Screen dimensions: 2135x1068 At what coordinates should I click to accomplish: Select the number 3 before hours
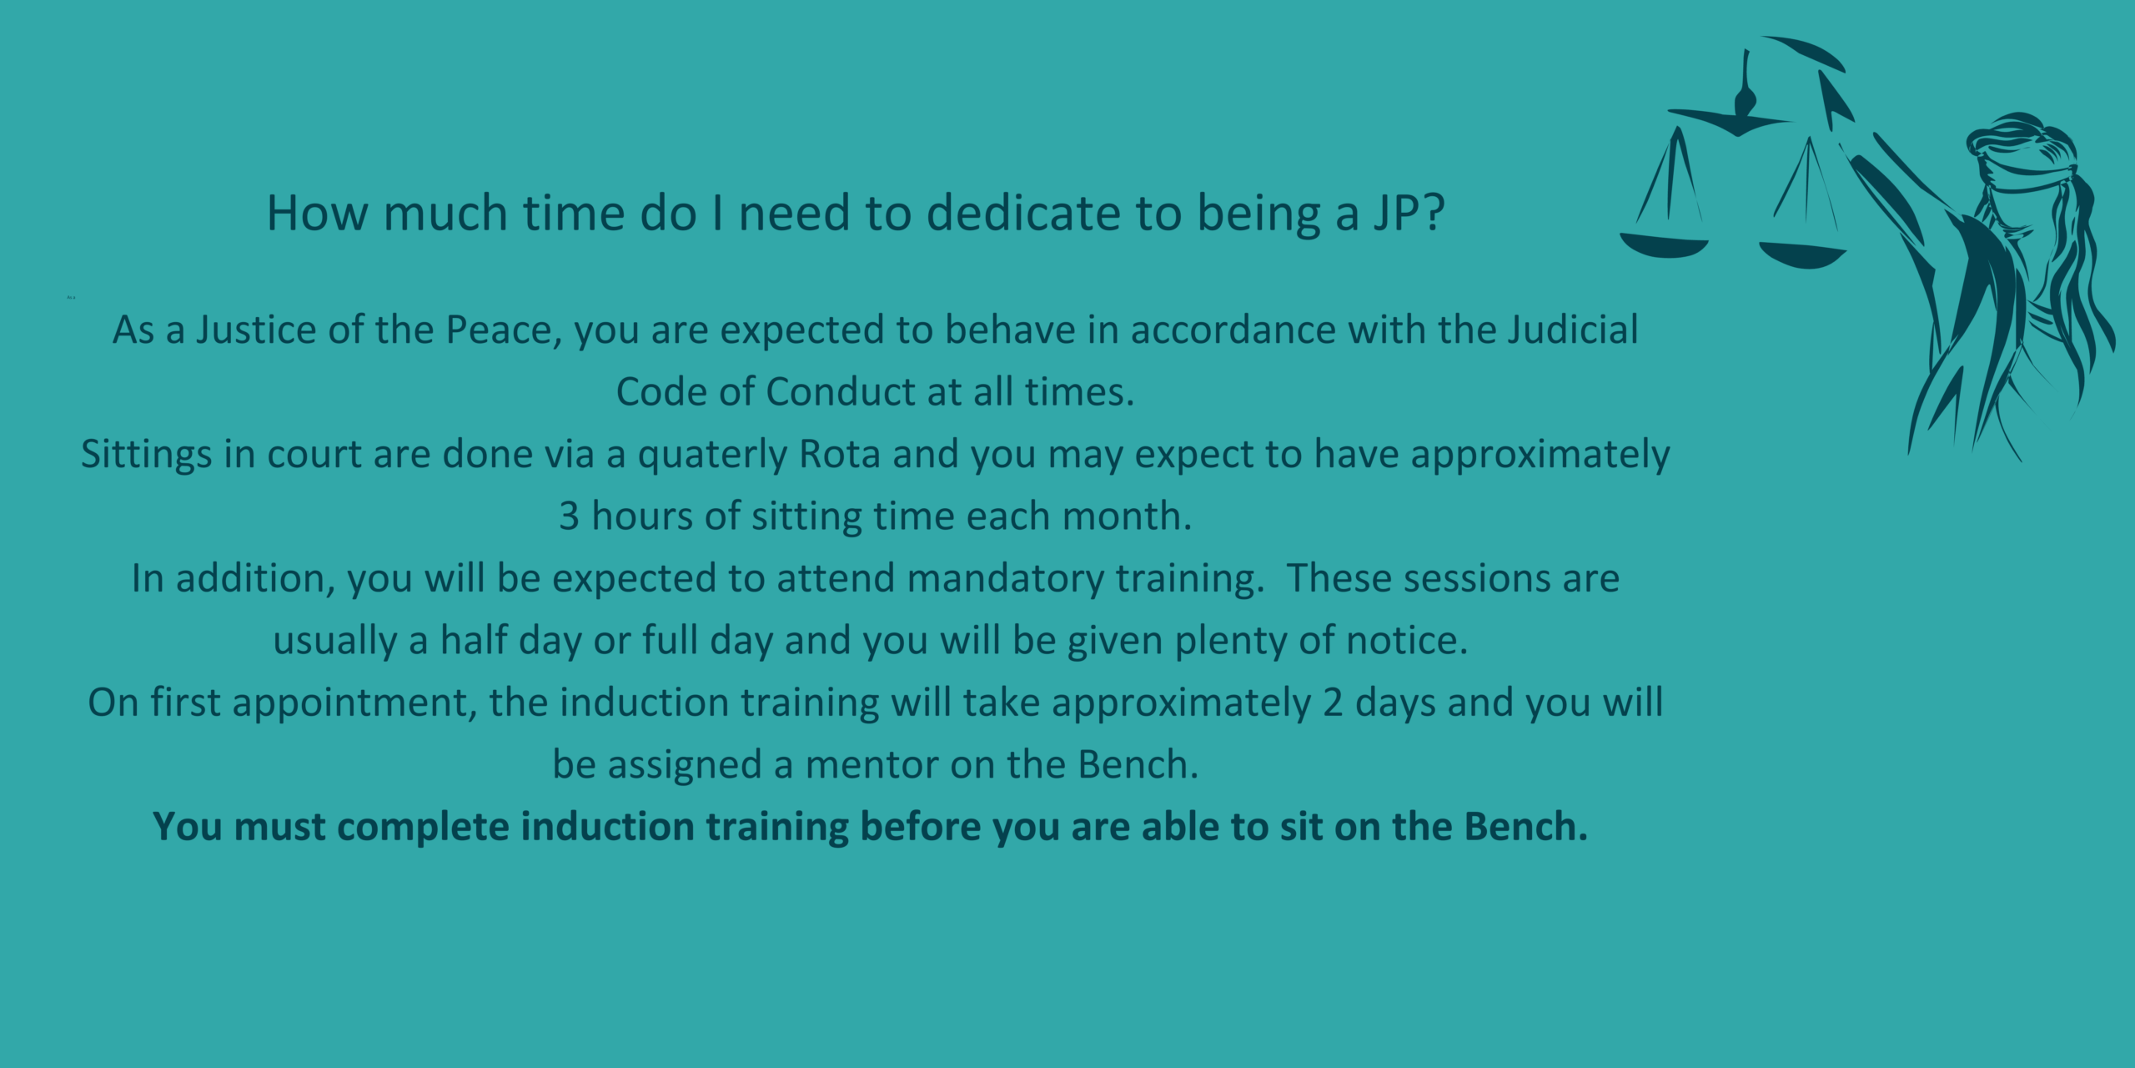point(569,516)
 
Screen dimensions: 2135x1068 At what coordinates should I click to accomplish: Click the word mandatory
point(1006,579)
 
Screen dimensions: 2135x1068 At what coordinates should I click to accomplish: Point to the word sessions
point(1476,578)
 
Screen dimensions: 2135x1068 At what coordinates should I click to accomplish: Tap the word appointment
point(354,703)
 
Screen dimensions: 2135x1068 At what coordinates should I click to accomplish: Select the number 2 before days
point(1333,703)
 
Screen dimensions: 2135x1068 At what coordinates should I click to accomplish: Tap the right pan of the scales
point(1802,256)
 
